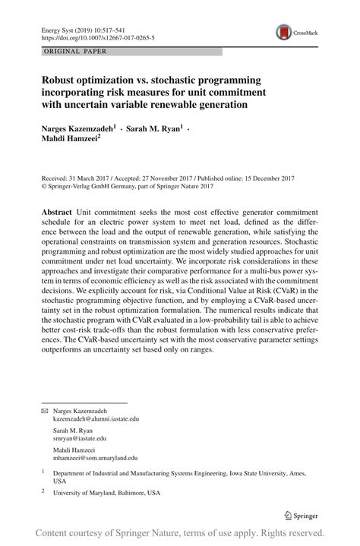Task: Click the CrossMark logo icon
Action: pos(285,31)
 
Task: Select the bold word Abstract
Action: pos(57,210)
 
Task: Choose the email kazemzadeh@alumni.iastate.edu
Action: pos(96,418)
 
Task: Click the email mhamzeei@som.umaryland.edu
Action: pos(95,458)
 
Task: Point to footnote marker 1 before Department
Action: pos(43,472)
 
